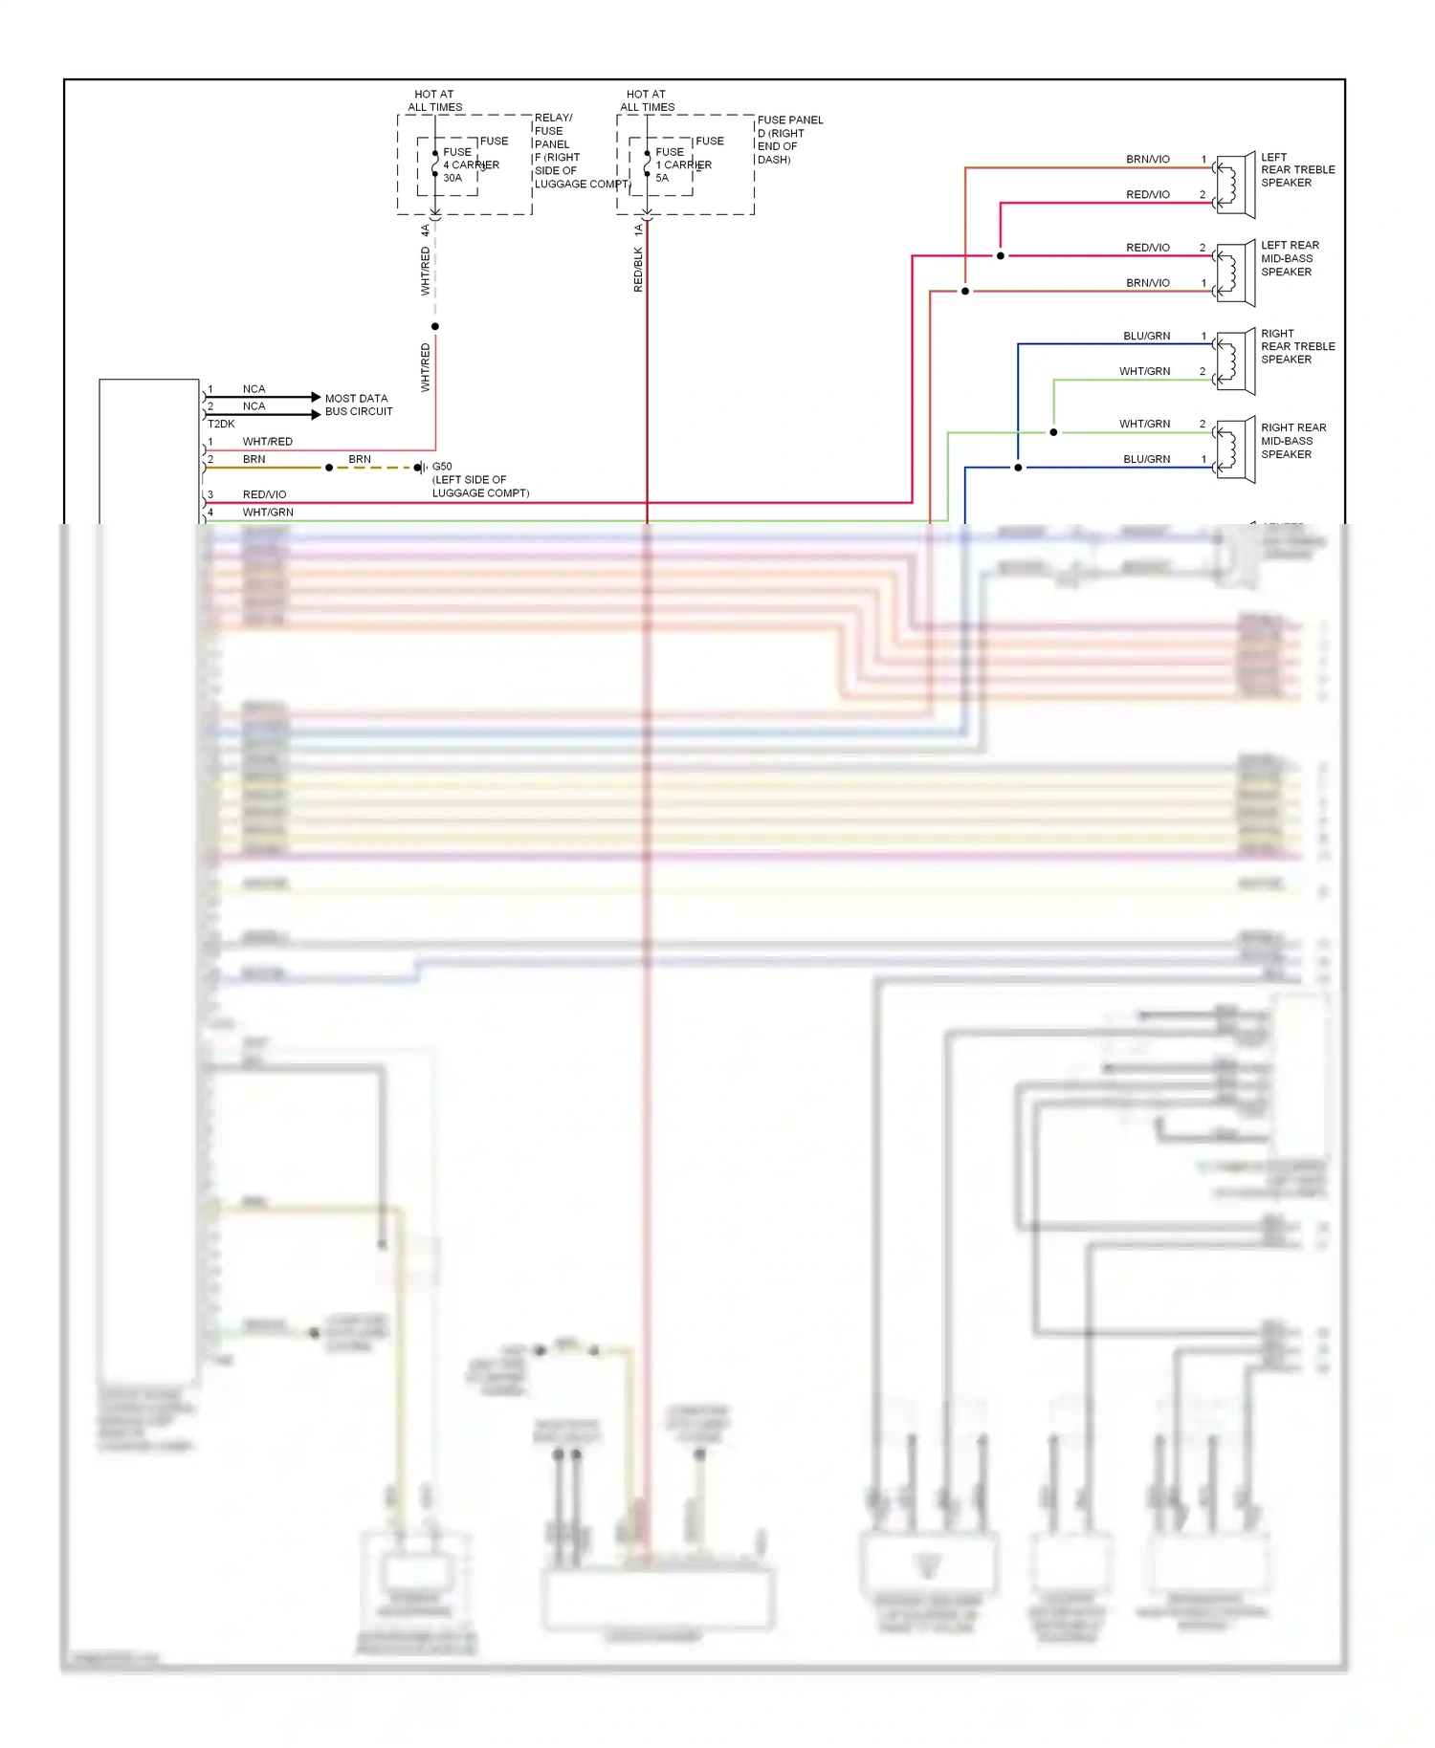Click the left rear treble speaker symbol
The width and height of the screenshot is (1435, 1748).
tap(1235, 185)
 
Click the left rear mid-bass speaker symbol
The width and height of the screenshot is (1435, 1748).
tap(1235, 273)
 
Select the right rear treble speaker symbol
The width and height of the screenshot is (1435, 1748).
tap(1235, 361)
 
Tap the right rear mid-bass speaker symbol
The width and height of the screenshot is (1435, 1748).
tap(1235, 449)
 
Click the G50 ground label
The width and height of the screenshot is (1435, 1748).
tap(442, 467)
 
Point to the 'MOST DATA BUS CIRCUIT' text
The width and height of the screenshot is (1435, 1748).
tap(358, 404)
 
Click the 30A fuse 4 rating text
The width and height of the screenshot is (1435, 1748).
tap(453, 178)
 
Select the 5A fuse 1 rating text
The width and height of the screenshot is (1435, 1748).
tap(662, 178)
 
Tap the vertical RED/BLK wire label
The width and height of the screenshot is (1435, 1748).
tap(638, 270)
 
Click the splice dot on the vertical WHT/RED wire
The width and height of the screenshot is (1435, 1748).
tap(435, 327)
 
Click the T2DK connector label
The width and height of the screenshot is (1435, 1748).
tap(221, 424)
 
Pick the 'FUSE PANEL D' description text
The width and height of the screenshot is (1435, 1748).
tap(789, 140)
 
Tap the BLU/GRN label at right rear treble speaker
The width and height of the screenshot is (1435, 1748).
tap(1146, 336)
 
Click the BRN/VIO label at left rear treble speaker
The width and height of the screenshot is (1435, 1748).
tap(1147, 159)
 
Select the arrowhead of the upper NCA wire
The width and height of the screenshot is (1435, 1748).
tap(316, 396)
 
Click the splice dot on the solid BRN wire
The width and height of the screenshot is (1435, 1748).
tap(329, 468)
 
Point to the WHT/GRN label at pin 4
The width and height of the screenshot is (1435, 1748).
tap(268, 513)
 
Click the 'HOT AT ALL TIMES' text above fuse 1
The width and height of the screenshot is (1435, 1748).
tap(647, 100)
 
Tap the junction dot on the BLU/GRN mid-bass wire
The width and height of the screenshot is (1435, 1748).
tap(1018, 468)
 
